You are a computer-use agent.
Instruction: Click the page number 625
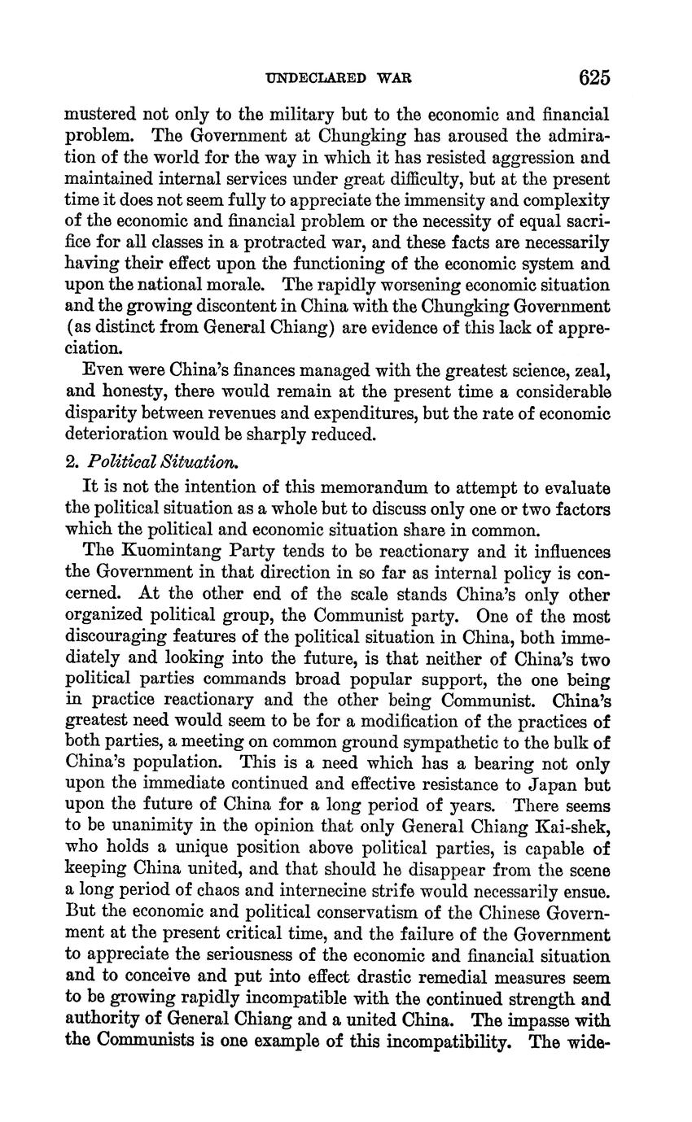(594, 78)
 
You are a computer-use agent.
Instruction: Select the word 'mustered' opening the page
(97, 116)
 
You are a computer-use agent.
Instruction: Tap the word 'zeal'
(593, 371)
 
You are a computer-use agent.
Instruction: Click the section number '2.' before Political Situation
(72, 462)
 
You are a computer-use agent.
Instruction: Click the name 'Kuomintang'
(170, 552)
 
